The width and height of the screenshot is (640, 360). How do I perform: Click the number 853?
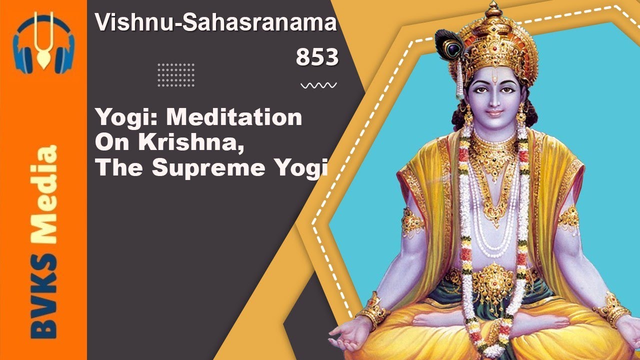point(317,57)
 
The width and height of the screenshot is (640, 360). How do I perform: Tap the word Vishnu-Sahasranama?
point(216,23)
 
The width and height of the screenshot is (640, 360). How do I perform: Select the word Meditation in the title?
point(234,118)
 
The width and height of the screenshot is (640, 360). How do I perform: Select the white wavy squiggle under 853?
point(318,85)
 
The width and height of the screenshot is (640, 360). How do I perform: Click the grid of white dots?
point(176,75)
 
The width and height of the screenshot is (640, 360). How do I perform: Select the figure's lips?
point(494,113)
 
